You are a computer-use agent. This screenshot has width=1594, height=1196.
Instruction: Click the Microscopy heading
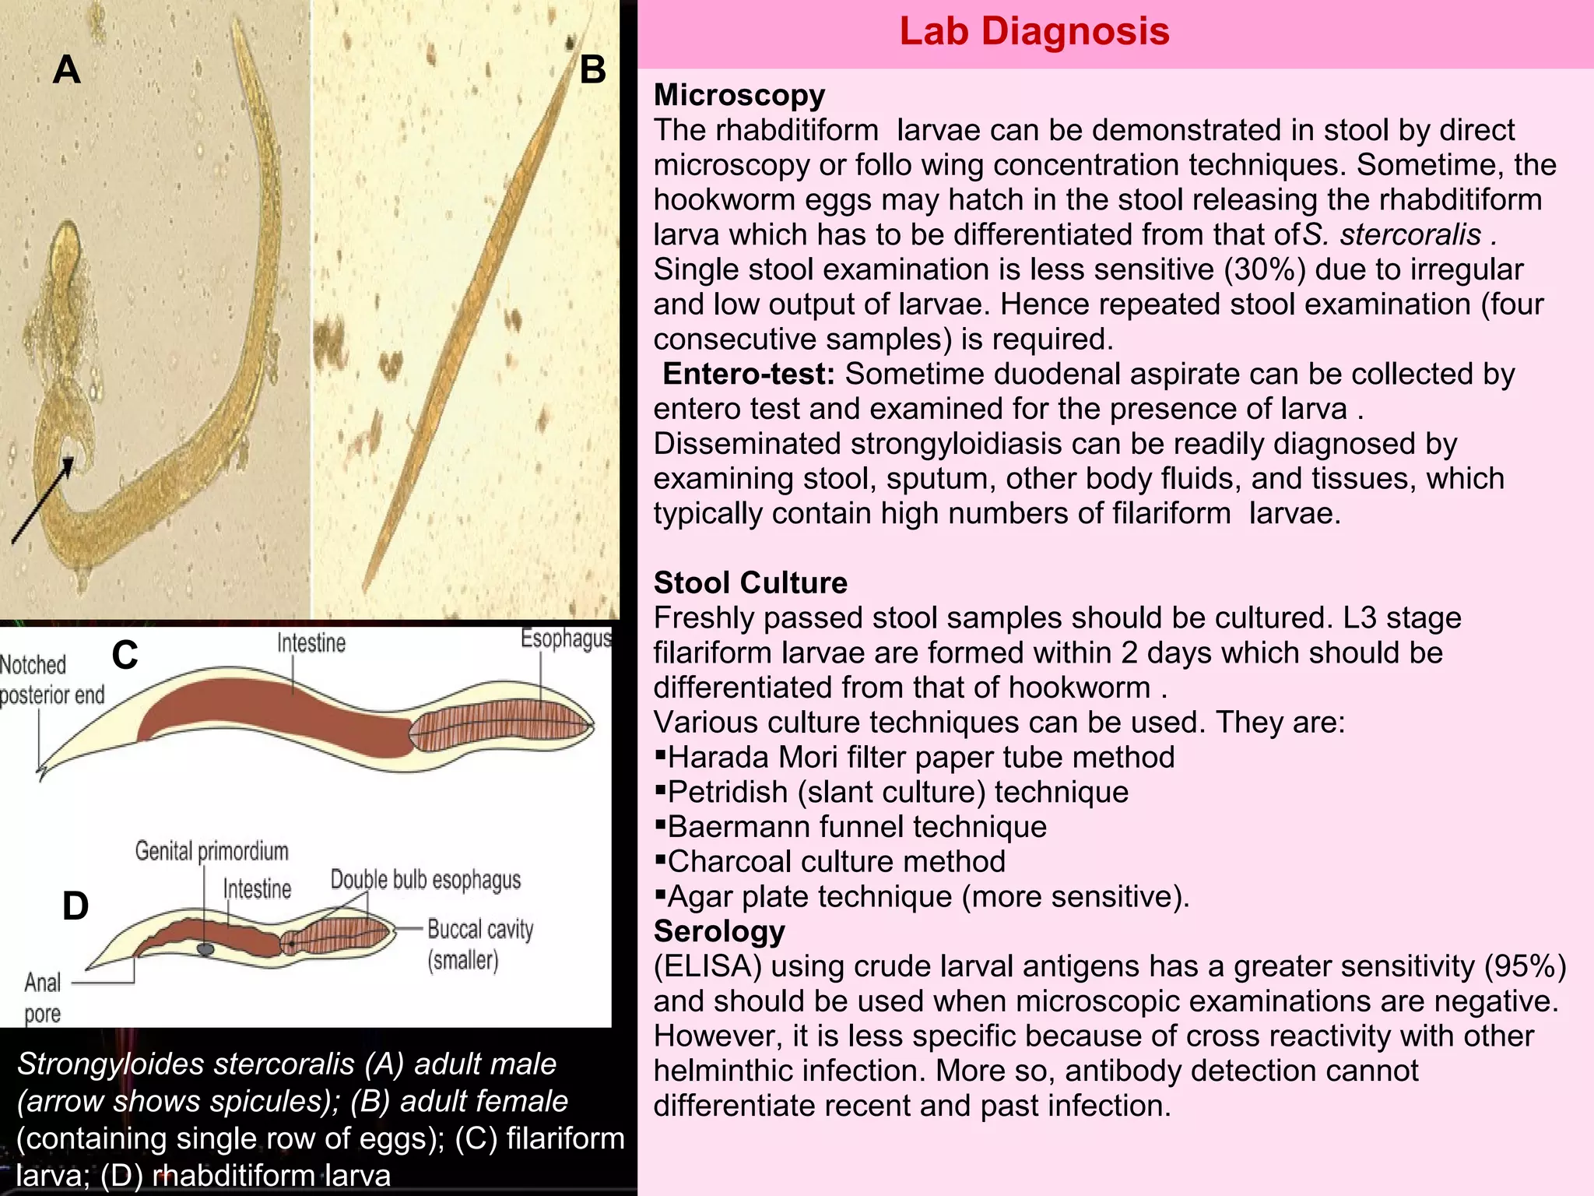(x=739, y=95)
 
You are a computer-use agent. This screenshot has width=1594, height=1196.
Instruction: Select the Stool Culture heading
(x=750, y=582)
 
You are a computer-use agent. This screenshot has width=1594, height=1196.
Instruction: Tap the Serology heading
(x=718, y=931)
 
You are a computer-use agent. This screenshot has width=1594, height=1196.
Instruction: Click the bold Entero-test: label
(x=748, y=375)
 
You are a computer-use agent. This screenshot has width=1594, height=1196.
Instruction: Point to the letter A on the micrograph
(x=67, y=70)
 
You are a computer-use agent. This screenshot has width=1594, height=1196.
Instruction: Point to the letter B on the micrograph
(x=592, y=70)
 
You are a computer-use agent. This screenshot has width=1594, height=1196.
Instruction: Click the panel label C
(x=125, y=656)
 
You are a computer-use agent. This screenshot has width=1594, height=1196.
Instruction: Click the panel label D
(x=75, y=906)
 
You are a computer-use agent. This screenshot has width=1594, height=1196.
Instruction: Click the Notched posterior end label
(x=51, y=680)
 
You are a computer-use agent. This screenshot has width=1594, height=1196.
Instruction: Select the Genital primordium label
(x=211, y=851)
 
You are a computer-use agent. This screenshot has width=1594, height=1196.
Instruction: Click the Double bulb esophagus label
(x=425, y=880)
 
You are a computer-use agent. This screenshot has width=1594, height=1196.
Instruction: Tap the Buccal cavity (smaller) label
(x=479, y=944)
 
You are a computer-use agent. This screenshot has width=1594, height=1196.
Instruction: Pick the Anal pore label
(x=42, y=997)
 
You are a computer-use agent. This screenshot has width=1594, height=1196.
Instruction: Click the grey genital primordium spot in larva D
(x=205, y=949)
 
